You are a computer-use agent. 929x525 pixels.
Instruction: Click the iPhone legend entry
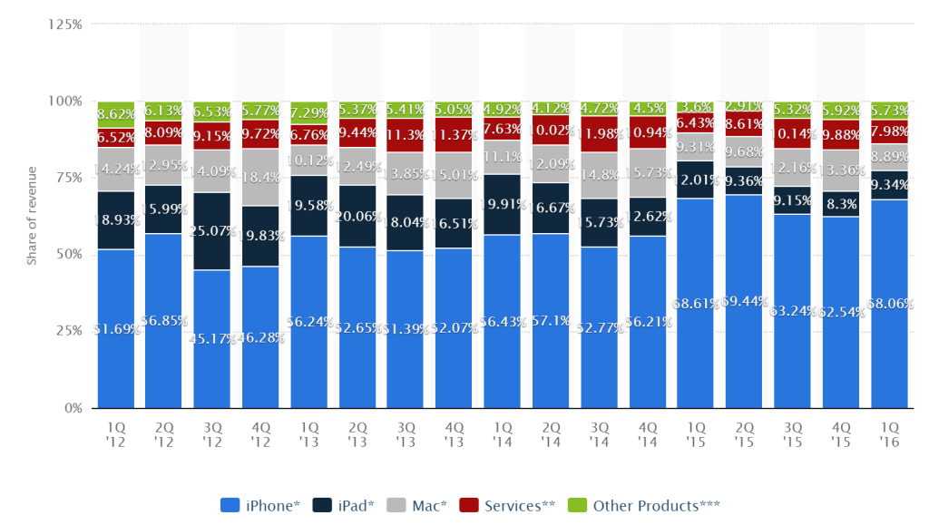(x=259, y=506)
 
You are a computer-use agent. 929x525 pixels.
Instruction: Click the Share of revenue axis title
(x=32, y=217)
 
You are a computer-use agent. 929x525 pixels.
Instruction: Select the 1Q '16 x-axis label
(x=889, y=433)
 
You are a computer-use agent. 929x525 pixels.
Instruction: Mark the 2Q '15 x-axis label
(x=744, y=433)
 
